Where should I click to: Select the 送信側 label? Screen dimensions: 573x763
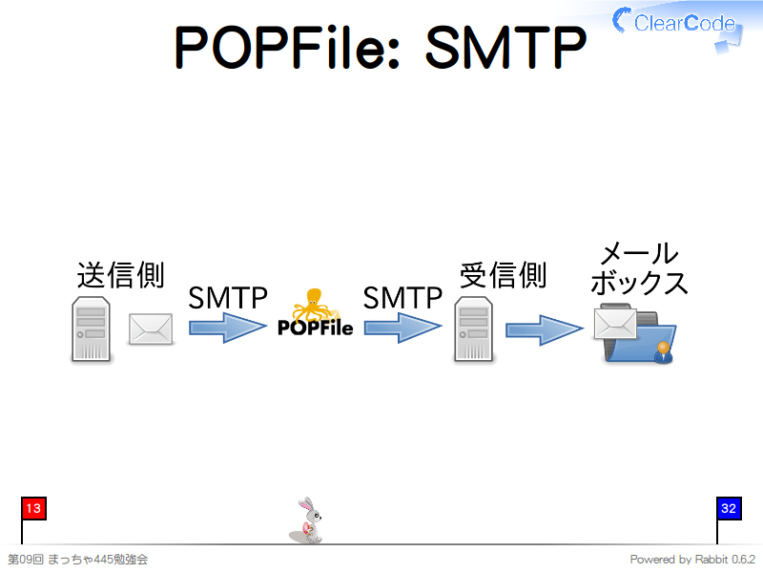120,275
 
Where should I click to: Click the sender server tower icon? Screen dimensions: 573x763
91,329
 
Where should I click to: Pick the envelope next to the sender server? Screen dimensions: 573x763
151,329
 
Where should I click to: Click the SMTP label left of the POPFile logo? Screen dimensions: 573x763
227,298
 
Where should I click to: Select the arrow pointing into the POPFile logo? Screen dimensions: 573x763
227,329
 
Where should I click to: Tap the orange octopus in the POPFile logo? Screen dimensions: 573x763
315,305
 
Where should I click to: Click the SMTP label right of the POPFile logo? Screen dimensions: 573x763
402,298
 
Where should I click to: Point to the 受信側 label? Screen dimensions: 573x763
503,275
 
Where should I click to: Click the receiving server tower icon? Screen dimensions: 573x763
473,329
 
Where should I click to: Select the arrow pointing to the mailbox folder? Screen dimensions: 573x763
544,329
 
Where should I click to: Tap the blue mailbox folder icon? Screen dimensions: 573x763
639,339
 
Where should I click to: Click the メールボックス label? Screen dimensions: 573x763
639,268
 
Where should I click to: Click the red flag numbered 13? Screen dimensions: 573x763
32,509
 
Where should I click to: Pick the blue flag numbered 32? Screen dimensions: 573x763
728,509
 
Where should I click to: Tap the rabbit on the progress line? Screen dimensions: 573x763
307,521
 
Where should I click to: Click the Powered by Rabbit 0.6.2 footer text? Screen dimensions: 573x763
692,560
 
